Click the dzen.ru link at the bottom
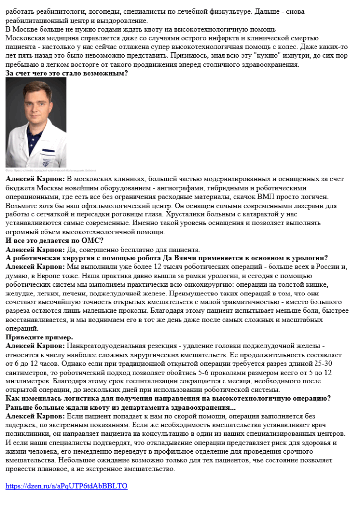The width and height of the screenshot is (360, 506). tap(66, 486)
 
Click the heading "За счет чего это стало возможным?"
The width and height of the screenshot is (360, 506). tap(67, 73)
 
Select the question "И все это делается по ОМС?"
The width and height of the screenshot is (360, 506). tap(54, 240)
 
